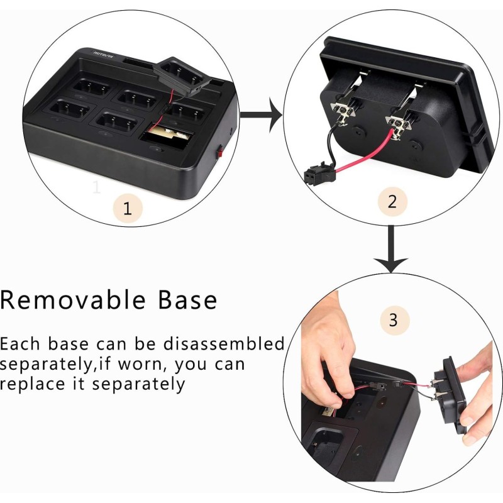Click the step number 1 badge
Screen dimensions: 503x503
tap(128, 209)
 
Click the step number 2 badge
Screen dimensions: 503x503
tap(392, 202)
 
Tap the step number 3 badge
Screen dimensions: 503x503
tap(394, 320)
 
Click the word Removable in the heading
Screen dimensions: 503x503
tap(73, 300)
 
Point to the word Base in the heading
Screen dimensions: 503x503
tap(187, 300)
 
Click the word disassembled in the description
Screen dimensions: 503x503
tap(224, 343)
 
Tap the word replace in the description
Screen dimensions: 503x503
tap(33, 384)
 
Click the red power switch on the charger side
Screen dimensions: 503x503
tap(220, 152)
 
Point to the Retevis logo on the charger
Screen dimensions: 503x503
tap(104, 55)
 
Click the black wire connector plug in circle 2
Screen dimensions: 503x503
tap(314, 174)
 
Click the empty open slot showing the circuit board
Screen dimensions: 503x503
tap(167, 134)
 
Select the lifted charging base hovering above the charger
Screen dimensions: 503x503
tap(183, 75)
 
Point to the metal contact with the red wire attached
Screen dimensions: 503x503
tap(398, 126)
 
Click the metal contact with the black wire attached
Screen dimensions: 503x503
tap(344, 113)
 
